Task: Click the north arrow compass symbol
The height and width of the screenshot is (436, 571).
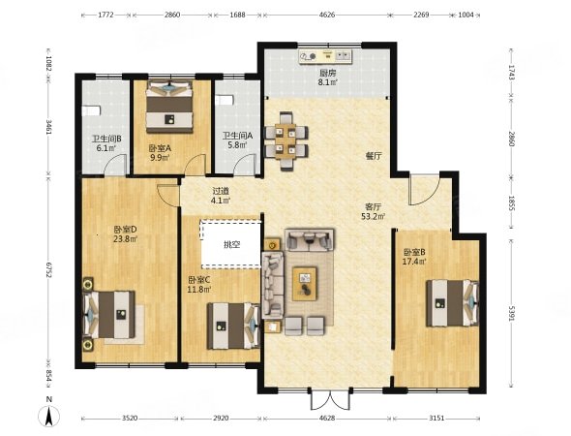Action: [49, 416]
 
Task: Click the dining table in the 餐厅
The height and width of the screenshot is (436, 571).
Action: [285, 141]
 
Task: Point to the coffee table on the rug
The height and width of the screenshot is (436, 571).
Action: [305, 284]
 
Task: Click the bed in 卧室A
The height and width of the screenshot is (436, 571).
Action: [169, 107]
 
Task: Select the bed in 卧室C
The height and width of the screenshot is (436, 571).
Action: [234, 326]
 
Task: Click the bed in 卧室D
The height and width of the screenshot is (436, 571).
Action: [109, 314]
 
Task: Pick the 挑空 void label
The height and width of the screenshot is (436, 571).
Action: [231, 244]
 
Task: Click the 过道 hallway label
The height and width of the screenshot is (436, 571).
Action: [221, 191]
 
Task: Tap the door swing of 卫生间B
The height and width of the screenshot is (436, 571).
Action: [116, 165]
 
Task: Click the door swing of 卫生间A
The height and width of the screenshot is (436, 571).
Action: [246, 165]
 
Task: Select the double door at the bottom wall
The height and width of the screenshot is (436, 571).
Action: [331, 400]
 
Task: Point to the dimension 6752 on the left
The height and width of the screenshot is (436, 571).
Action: [48, 268]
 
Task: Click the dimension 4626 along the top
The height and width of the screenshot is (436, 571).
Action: [327, 15]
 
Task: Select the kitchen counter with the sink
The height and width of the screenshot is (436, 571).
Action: [325, 56]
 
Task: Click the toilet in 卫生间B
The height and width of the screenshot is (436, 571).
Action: [91, 110]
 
